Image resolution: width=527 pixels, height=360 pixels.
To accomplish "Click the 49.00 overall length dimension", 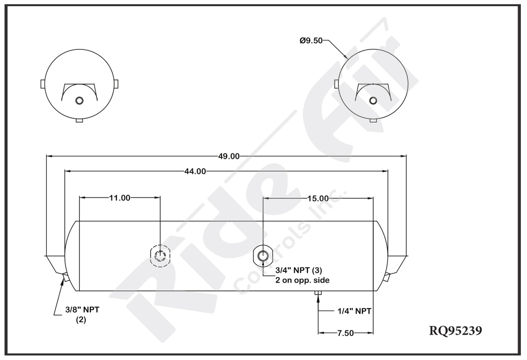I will (229, 156).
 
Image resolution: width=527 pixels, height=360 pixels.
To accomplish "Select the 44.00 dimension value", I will (196, 172).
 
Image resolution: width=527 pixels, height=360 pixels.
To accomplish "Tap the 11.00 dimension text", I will (119, 198).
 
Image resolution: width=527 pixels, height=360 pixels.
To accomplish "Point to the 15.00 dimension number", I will (318, 199).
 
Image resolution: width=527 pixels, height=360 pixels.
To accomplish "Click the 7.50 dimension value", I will (345, 333).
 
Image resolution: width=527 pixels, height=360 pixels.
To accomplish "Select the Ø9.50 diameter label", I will (311, 40).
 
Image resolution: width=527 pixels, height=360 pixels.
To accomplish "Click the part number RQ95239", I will (455, 331).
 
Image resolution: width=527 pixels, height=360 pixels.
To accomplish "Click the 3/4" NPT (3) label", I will (298, 271).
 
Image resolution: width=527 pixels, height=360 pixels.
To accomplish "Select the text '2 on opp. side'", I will (302, 280).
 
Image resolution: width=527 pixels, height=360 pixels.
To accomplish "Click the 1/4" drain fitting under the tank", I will (318, 293).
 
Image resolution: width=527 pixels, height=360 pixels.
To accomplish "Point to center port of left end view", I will (79, 101).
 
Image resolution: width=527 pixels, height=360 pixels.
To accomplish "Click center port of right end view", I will (373, 101).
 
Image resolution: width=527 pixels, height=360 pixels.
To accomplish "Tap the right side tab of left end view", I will (117, 84).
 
